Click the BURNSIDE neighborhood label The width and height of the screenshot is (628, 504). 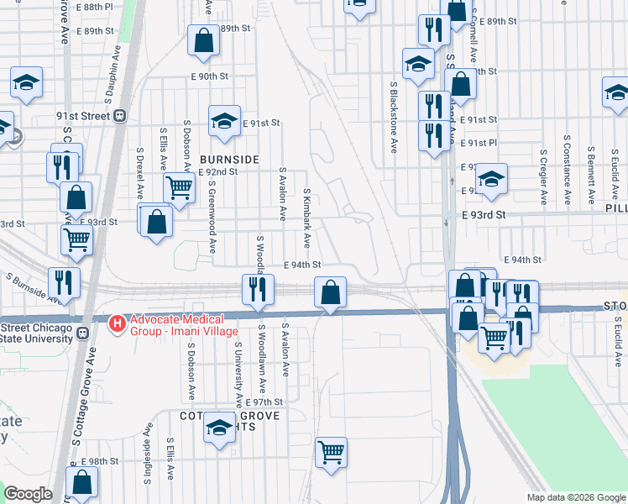click(x=229, y=159)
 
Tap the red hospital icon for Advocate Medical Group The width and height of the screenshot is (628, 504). click(x=118, y=322)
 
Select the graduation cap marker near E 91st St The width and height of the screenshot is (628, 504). click(x=224, y=121)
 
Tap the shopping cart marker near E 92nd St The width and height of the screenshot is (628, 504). click(x=179, y=189)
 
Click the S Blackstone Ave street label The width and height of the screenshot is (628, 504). click(x=393, y=118)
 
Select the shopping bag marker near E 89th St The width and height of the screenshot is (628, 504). click(x=204, y=40)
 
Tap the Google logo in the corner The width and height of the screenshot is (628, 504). click(x=29, y=494)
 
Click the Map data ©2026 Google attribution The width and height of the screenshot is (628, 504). click(x=575, y=497)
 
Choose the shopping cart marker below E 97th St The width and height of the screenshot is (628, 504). click(x=332, y=453)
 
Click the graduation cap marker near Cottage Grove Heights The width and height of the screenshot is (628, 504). click(x=219, y=429)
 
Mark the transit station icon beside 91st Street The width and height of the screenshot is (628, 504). click(x=120, y=116)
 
